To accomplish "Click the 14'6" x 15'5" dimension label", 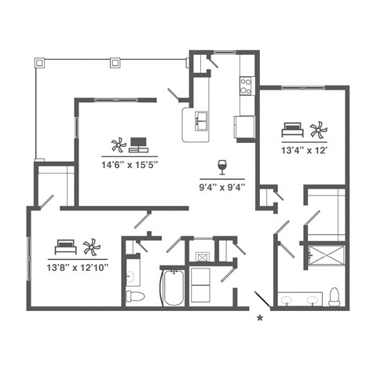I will point(130,165).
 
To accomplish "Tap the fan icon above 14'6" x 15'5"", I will point(118,145).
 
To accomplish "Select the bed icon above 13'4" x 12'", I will point(292,129).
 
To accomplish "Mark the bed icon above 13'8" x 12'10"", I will point(66,247).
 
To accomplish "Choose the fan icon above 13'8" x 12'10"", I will point(91,247).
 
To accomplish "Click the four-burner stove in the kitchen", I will point(246,84).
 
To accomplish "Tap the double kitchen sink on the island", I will point(197,119).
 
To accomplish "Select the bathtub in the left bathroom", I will point(172,288).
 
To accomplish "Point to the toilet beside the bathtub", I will point(136,296).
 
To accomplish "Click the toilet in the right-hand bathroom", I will point(335,296).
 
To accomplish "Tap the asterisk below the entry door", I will point(259,318).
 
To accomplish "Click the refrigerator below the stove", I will point(244,126).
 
